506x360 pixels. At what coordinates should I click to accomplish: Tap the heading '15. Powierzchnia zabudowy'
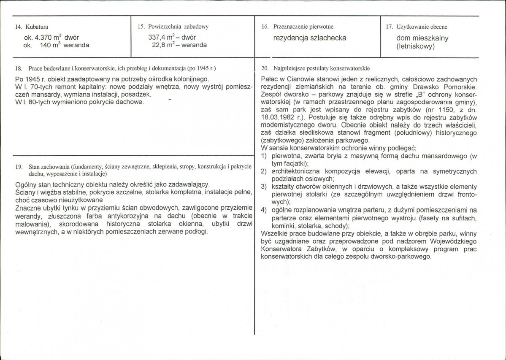click(173, 27)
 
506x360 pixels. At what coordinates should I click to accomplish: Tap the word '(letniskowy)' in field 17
click(416, 47)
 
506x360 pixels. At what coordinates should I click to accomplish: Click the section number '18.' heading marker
click(18, 68)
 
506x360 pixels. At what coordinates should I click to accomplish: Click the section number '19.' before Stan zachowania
click(18, 167)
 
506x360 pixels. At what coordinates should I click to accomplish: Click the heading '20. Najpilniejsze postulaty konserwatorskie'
click(315, 68)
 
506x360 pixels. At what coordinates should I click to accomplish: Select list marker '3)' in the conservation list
click(264, 187)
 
